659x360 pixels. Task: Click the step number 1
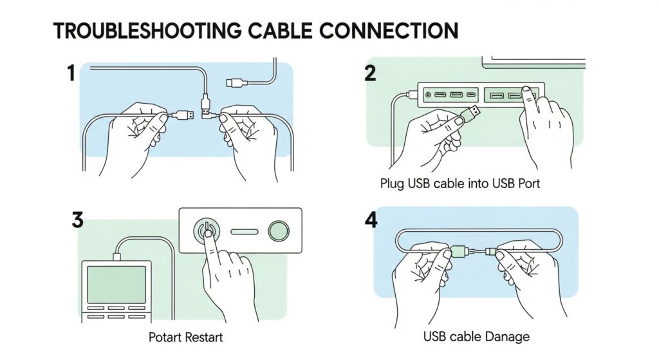tap(71, 74)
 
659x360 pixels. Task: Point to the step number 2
tap(370, 73)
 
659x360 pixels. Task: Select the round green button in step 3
tap(279, 230)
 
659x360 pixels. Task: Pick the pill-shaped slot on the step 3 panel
tap(245, 231)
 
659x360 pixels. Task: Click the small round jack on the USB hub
tap(428, 95)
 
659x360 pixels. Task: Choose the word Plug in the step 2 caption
tap(392, 184)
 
